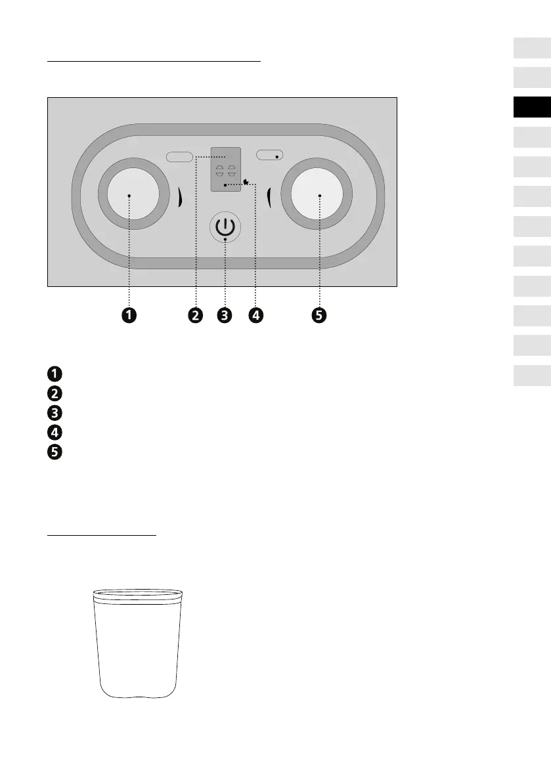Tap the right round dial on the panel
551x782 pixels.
pyautogui.click(x=319, y=195)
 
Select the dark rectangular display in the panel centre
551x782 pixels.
pyautogui.click(x=225, y=169)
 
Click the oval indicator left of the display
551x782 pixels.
pyautogui.click(x=179, y=156)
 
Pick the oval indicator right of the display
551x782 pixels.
pyautogui.click(x=269, y=156)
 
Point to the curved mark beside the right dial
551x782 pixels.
pyautogui.click(x=269, y=196)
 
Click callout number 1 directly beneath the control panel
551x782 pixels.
pyautogui.click(x=129, y=316)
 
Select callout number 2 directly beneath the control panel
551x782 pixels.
pyautogui.click(x=195, y=316)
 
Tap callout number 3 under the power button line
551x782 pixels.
pyautogui.click(x=225, y=316)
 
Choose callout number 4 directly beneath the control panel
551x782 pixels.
pyautogui.click(x=255, y=316)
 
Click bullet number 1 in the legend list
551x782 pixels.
pyautogui.click(x=54, y=374)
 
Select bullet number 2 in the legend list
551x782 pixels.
pyautogui.click(x=54, y=393)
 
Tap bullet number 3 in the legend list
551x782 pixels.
pyautogui.click(x=54, y=413)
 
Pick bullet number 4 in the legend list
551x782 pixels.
pyautogui.click(x=54, y=433)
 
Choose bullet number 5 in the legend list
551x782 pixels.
pyautogui.click(x=54, y=452)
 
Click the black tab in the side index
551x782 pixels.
pyautogui.click(x=532, y=106)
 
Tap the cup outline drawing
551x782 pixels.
pyautogui.click(x=137, y=643)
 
